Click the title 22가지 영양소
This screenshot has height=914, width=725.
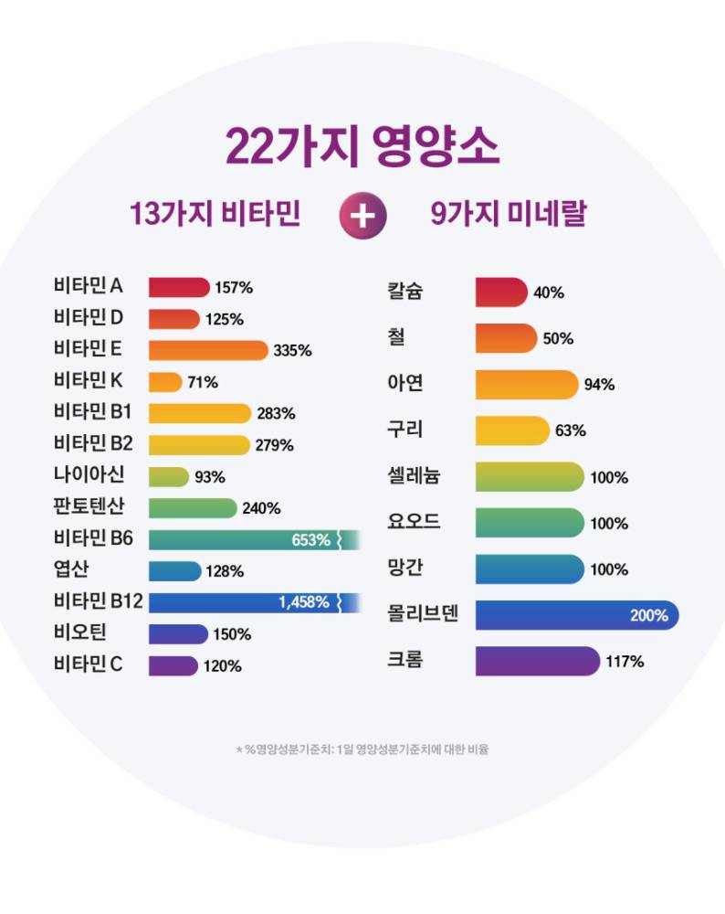click(x=362, y=145)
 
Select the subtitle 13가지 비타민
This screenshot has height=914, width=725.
click(x=215, y=216)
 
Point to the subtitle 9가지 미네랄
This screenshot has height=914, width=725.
click(x=508, y=216)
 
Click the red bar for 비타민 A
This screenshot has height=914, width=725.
click(x=179, y=287)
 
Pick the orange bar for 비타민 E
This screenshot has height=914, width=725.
click(x=208, y=350)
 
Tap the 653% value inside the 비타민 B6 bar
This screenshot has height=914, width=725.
click(x=310, y=540)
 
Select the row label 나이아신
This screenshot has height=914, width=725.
click(x=89, y=475)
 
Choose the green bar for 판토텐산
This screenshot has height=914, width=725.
click(x=193, y=508)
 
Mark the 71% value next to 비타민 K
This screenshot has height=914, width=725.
click(x=203, y=383)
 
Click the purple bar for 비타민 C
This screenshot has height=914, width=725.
click(x=173, y=665)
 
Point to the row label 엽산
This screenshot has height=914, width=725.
click(x=69, y=570)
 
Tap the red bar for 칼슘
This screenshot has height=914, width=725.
click(x=501, y=292)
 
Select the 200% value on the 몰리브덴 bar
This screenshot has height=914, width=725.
click(x=648, y=616)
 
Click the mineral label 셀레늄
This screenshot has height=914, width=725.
click(x=415, y=476)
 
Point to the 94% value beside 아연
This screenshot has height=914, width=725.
click(x=599, y=385)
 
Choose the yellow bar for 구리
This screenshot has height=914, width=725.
click(x=512, y=430)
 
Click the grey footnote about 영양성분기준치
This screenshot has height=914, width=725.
click(x=362, y=749)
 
